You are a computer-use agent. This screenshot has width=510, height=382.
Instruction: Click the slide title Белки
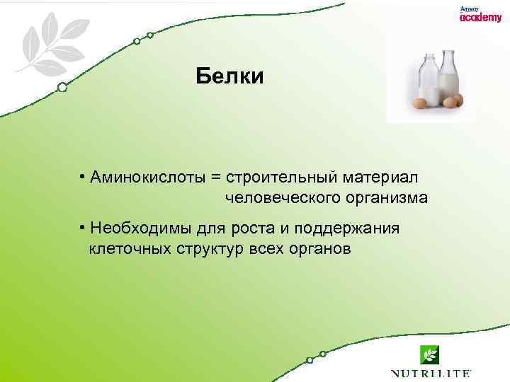coord(230,76)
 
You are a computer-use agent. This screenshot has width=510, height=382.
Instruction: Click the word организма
coord(387,198)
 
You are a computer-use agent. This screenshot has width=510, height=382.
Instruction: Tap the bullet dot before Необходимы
coord(83,228)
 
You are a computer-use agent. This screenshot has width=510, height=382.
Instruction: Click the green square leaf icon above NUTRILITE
coord(429,354)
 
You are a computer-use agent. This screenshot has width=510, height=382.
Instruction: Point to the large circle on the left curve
coord(62,87)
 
